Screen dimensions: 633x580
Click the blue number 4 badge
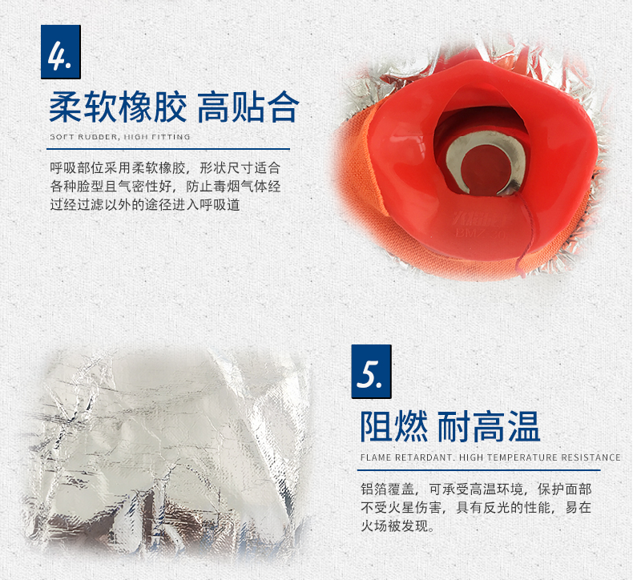[x=61, y=51]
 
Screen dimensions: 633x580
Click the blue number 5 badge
[x=372, y=372]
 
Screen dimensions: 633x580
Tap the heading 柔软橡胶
[x=118, y=107]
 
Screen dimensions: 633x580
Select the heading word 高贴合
[x=248, y=107]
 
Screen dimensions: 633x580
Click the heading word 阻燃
[x=394, y=427]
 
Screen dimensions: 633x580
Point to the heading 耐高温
[x=489, y=427]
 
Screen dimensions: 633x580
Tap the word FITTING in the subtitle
[x=171, y=137]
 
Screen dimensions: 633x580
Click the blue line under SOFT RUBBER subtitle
[x=168, y=149]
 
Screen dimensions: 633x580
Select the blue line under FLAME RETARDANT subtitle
[x=479, y=469]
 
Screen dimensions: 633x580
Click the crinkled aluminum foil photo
[x=167, y=450]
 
